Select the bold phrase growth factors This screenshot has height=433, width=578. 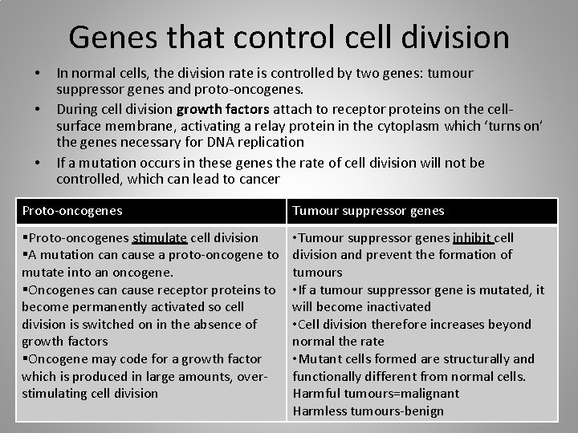[x=223, y=107]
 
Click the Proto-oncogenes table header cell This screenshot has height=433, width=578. [x=72, y=211]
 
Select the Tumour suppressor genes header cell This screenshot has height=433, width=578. [x=368, y=211]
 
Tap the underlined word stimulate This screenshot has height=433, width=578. [x=160, y=237]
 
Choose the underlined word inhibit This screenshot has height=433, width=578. [x=472, y=237]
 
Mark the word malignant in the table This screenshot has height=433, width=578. [x=429, y=394]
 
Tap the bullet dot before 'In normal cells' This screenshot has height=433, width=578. [x=37, y=74]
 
